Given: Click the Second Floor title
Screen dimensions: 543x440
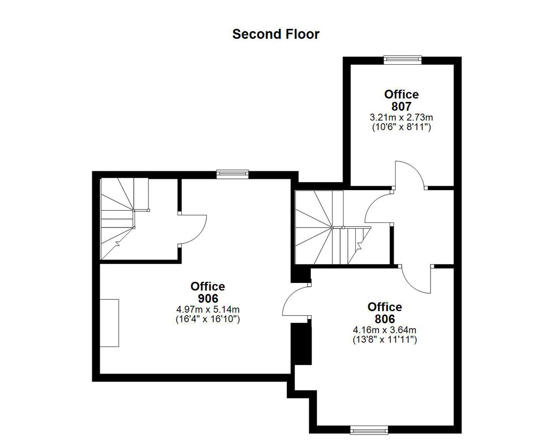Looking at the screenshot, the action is (x=276, y=34).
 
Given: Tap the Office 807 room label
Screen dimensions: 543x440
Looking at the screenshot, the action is (x=401, y=100).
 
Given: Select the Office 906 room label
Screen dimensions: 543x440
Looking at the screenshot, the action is (x=208, y=292).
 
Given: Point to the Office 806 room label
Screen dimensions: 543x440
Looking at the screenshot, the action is (x=385, y=313).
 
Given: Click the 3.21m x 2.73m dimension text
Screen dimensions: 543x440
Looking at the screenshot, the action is (x=401, y=117).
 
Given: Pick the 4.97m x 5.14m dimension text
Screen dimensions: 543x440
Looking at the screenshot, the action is (x=208, y=309).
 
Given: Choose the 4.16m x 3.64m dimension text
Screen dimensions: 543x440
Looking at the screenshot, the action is (x=385, y=330).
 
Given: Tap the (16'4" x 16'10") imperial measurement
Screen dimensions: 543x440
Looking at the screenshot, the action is (x=208, y=318).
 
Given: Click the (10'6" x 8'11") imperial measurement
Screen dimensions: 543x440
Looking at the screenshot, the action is (x=401, y=127).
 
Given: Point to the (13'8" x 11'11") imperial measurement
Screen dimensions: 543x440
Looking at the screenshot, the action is (x=385, y=339).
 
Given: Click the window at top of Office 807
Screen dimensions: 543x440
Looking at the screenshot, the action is (x=402, y=59).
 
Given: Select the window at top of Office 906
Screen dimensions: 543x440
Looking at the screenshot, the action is (x=232, y=174).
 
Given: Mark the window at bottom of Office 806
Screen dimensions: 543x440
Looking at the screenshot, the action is (x=369, y=430).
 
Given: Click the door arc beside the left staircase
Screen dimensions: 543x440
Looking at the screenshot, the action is (x=201, y=232).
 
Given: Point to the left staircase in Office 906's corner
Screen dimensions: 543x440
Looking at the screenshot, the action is (x=124, y=219).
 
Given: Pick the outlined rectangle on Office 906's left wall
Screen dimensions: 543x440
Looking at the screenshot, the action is (x=109, y=323).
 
